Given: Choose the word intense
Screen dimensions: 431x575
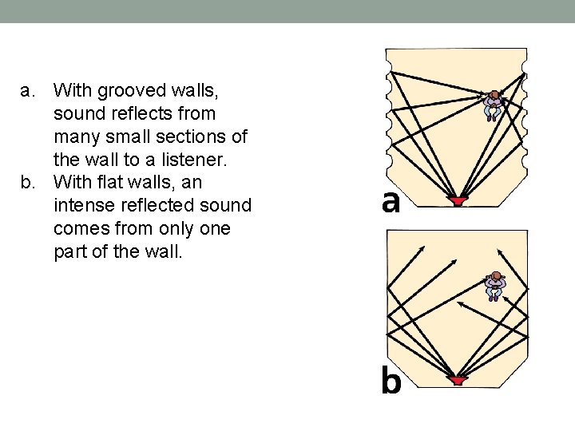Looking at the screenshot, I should pyautogui.click(x=87, y=207).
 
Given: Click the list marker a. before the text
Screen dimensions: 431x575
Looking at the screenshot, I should pyautogui.click(x=29, y=91).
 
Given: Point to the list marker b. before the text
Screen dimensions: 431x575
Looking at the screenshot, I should pyautogui.click(x=29, y=184).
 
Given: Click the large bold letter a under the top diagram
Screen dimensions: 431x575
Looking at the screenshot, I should pyautogui.click(x=391, y=202).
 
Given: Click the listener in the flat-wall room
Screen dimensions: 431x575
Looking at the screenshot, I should pyautogui.click(x=495, y=285).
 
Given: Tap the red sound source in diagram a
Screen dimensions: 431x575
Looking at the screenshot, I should pyautogui.click(x=457, y=201).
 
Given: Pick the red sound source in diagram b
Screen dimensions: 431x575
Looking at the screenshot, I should pyautogui.click(x=457, y=381).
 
